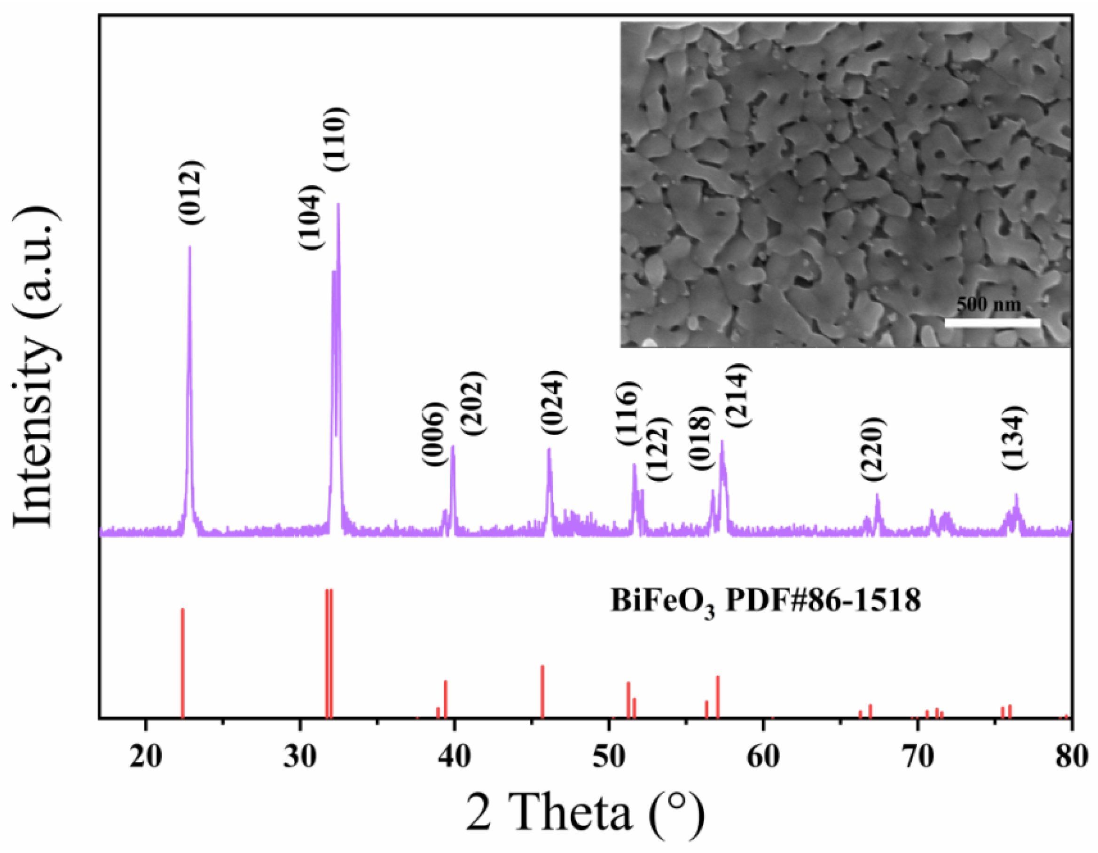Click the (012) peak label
191,193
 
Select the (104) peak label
309,217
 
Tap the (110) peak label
334,140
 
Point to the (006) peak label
433,434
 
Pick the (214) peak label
737,397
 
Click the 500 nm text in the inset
988,304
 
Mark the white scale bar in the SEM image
992,323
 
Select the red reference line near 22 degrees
182,664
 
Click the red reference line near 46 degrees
542,691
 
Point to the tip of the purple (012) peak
189,246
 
